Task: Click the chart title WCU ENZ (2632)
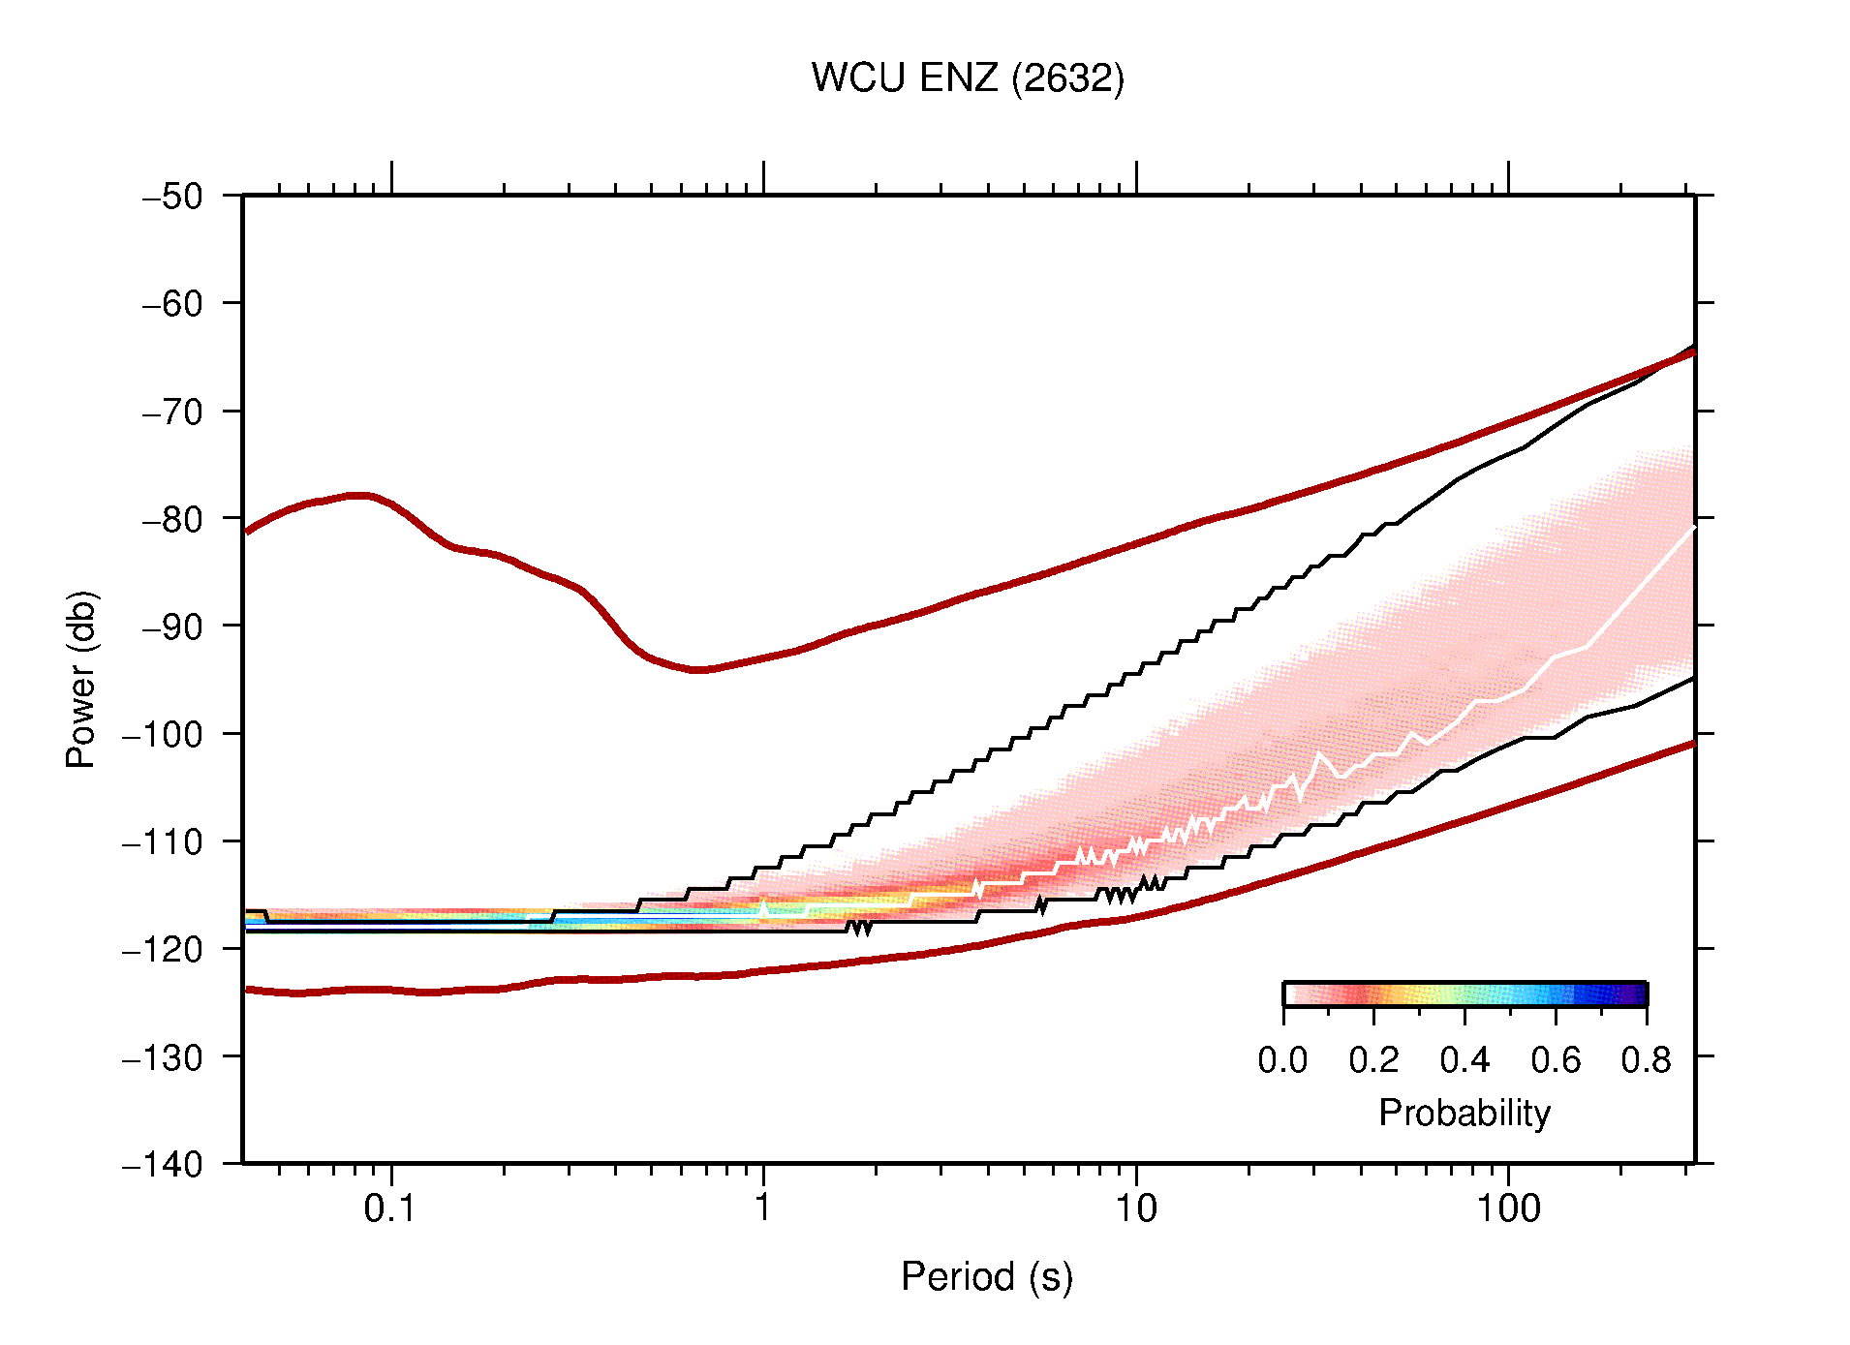pyautogui.click(x=968, y=78)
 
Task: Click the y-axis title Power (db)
pyautogui.click(x=81, y=679)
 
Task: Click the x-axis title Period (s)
pyautogui.click(x=986, y=1277)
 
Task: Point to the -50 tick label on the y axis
pyautogui.click(x=172, y=197)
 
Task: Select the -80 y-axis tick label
pyautogui.click(x=172, y=519)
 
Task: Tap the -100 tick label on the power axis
pyautogui.click(x=163, y=734)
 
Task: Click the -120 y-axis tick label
pyautogui.click(x=163, y=949)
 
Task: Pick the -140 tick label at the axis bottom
pyautogui.click(x=163, y=1164)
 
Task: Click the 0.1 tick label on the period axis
pyautogui.click(x=390, y=1208)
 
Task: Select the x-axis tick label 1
pyautogui.click(x=763, y=1208)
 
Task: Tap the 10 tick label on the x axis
pyautogui.click(x=1135, y=1208)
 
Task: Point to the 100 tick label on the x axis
pyautogui.click(x=1507, y=1208)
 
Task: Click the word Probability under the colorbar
pyautogui.click(x=1464, y=1114)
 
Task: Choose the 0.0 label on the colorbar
pyautogui.click(x=1282, y=1061)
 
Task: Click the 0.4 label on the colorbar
pyautogui.click(x=1465, y=1061)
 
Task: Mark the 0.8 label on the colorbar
pyautogui.click(x=1646, y=1061)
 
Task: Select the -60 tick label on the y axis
pyautogui.click(x=172, y=304)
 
